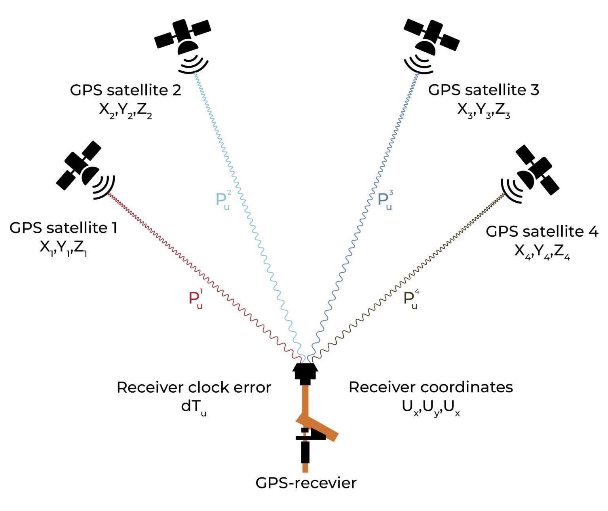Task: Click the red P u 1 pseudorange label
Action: point(196,300)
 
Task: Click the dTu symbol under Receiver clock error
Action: point(194,407)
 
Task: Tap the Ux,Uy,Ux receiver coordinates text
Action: point(431,407)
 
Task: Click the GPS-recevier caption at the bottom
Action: point(306,483)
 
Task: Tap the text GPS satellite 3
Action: point(483,90)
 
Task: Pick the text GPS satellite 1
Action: point(63,228)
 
